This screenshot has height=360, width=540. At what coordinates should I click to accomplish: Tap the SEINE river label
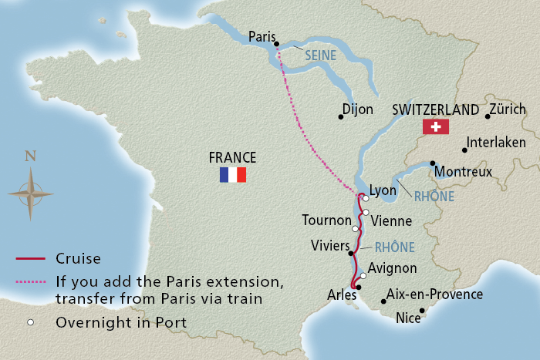(320, 56)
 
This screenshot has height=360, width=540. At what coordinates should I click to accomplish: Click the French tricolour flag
(232, 175)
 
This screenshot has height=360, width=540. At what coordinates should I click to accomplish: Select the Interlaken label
(499, 143)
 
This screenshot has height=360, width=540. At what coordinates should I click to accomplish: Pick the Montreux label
(463, 172)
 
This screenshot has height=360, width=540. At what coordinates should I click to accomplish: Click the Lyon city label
(383, 190)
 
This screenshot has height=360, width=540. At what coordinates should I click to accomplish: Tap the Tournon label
(326, 220)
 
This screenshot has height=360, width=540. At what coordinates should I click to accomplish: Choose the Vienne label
(391, 220)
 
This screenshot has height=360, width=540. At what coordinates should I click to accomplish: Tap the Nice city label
(407, 318)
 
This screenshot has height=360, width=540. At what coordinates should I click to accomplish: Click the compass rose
(30, 192)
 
